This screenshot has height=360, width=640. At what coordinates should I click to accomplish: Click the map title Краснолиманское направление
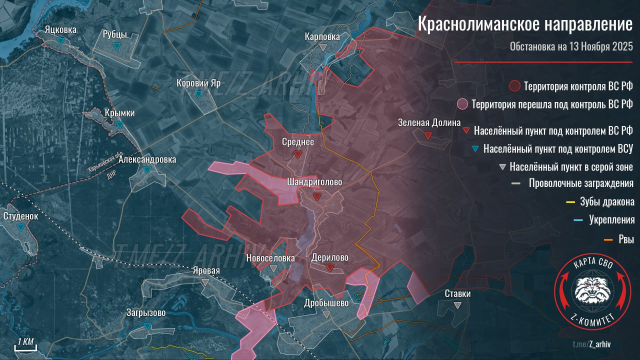pos(525,25)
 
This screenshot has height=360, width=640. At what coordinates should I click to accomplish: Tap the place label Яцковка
pos(60,30)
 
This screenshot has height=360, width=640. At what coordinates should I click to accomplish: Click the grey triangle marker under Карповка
pos(323,47)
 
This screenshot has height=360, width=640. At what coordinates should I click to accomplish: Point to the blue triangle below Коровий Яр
pos(198,94)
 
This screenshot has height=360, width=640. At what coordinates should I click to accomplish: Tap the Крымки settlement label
pos(119,113)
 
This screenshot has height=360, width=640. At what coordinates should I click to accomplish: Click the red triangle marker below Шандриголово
pos(317,196)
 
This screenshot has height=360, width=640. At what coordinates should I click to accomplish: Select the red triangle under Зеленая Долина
pos(428,135)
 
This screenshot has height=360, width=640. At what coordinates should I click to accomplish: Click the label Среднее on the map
pos(297,142)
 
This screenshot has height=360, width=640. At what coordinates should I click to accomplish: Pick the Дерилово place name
pos(329,258)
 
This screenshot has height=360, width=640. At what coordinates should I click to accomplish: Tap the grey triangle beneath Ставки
pos(457,305)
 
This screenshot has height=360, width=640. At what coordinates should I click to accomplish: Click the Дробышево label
pos(326,303)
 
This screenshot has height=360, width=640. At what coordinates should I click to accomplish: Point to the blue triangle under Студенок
pos(20,227)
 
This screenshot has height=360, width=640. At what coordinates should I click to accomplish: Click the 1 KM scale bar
pos(25,345)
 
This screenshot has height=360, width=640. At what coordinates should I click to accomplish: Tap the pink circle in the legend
pos(462,104)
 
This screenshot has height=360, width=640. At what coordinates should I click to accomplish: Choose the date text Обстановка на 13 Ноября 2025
pos(571,47)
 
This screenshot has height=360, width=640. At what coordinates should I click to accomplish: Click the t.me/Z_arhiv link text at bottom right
pos(592,344)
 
